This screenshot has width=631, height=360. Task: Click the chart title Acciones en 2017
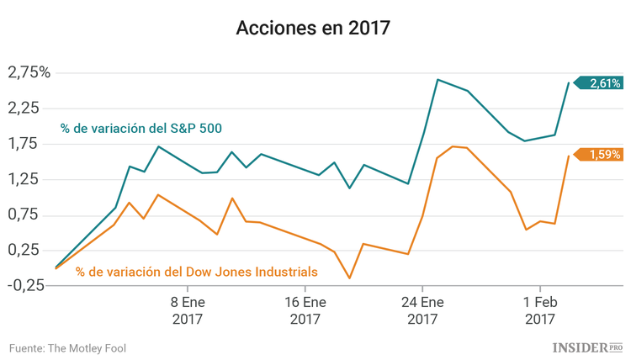(x=313, y=28)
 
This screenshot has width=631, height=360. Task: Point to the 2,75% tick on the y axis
(x=29, y=72)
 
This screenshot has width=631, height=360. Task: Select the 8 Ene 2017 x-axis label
(x=188, y=310)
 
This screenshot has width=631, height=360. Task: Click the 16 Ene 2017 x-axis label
(x=305, y=310)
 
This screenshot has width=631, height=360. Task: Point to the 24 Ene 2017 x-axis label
(x=422, y=310)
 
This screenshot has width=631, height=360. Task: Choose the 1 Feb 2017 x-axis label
(x=539, y=310)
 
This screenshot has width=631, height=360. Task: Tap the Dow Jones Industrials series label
(x=197, y=272)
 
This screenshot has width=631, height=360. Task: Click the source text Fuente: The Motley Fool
(x=67, y=347)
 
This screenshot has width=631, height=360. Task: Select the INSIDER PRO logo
(x=586, y=347)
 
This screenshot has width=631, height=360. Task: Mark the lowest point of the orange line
(x=349, y=278)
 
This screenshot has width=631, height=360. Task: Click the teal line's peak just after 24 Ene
(x=437, y=80)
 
